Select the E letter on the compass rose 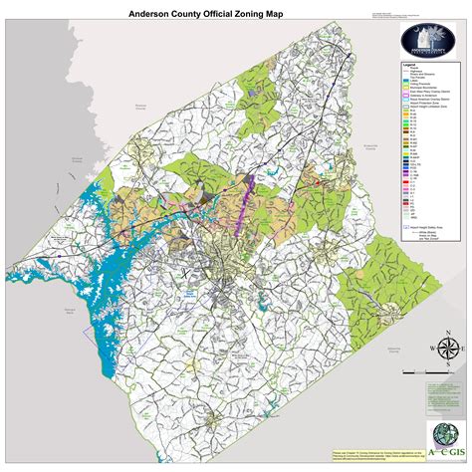click(x=464, y=349)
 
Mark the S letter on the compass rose click(x=448, y=364)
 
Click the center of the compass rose click(x=448, y=349)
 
